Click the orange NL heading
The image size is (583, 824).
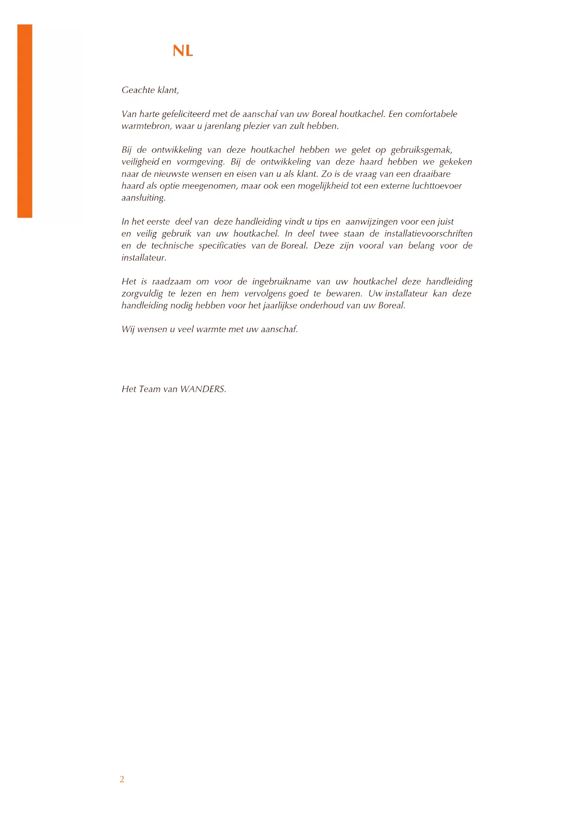click(183, 51)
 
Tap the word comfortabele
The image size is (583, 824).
click(431, 114)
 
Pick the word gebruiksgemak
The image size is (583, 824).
click(421, 150)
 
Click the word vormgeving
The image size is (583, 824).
click(201, 162)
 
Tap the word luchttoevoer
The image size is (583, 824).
click(437, 186)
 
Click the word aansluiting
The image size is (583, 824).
click(143, 198)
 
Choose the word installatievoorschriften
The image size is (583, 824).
click(428, 234)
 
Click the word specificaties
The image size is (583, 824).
click(222, 246)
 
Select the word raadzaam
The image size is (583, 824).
click(171, 282)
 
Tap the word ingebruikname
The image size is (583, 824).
click(281, 282)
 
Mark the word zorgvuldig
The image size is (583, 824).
click(142, 294)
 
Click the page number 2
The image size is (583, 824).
click(122, 779)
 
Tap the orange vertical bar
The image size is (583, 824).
click(25, 121)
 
